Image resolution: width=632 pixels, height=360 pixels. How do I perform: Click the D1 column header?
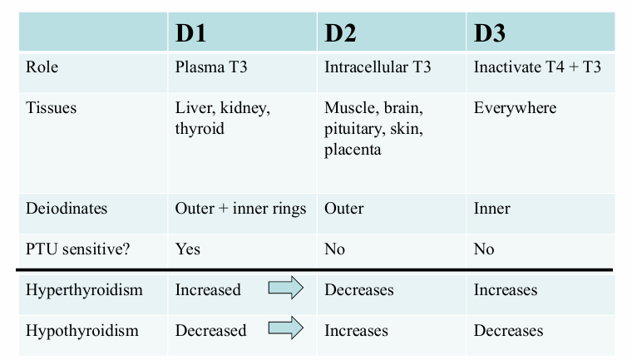point(191,33)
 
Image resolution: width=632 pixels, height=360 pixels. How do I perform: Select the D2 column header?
point(341,33)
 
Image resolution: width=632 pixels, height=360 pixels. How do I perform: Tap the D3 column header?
point(490,33)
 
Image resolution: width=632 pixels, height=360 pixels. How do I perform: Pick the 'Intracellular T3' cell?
point(378,67)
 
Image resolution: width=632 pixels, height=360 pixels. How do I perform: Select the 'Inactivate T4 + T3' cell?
point(537,67)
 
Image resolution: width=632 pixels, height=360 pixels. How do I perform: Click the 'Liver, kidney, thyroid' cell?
point(222,118)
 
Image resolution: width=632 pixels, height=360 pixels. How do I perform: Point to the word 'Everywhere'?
point(515,108)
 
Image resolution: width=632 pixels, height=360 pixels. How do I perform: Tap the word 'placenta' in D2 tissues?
point(353,150)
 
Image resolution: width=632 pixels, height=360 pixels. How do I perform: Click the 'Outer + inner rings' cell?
point(240,209)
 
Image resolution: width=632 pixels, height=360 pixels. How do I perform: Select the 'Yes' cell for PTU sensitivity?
point(187,249)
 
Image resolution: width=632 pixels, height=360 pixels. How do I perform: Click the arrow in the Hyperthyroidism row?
point(285,289)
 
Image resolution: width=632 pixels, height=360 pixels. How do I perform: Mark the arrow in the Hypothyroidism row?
point(285,330)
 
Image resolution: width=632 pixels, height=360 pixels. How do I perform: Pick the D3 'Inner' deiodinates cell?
point(491,209)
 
